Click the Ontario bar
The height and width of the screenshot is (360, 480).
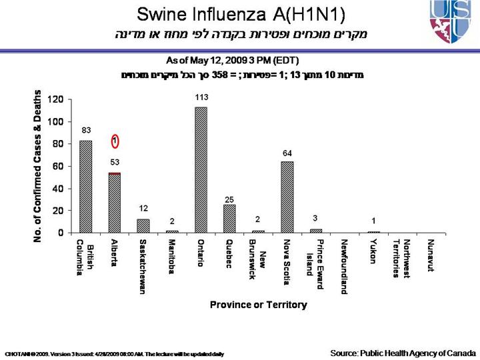(200, 170)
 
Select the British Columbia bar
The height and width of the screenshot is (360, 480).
(85, 187)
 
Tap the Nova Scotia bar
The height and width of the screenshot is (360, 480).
(287, 197)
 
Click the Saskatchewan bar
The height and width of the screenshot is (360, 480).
(143, 226)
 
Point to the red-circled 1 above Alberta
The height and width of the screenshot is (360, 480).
(115, 141)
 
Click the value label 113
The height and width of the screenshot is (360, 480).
(201, 97)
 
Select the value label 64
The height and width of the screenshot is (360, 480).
(287, 153)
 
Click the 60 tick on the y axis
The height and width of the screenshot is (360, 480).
(57, 166)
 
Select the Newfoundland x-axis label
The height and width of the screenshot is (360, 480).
(344, 265)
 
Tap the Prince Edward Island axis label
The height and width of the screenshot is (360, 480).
(315, 257)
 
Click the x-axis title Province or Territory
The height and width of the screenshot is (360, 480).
(259, 305)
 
